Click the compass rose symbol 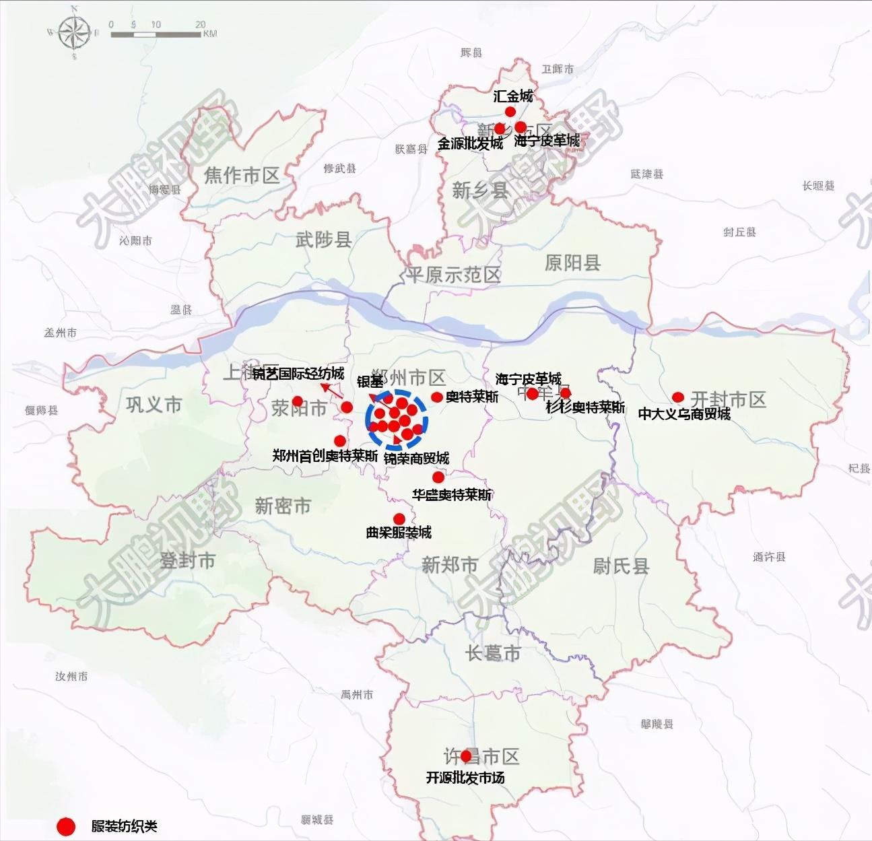tap(73, 32)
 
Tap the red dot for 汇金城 tap(510, 112)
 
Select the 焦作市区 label tap(241, 176)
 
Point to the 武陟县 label tap(323, 239)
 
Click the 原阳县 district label tap(572, 263)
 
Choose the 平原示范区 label tap(452, 275)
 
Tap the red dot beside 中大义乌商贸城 tap(678, 397)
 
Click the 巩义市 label tap(154, 405)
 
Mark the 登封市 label tap(187, 560)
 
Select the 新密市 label tap(283, 506)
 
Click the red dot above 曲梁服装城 tap(399, 518)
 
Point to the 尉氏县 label tap(621, 566)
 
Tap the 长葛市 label tap(493, 652)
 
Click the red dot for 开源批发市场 tap(465, 756)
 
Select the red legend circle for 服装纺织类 tap(65, 826)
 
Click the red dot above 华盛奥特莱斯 tap(438, 477)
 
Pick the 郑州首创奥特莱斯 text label tap(325, 456)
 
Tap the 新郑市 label tap(450, 564)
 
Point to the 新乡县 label tap(480, 191)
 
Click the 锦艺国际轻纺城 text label tap(298, 374)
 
